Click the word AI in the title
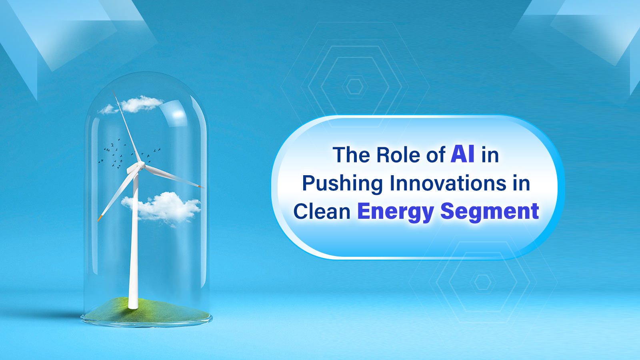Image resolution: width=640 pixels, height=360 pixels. pos(462,154)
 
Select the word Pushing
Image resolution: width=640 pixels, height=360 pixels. pos(342,184)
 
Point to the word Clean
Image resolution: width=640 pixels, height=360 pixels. pos(322,212)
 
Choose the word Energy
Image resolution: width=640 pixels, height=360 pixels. pos(396,212)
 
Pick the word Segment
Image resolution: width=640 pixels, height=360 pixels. pos(490,212)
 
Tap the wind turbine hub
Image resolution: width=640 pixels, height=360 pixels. pos(140,166)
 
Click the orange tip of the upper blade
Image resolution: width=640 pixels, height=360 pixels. pos(114,92)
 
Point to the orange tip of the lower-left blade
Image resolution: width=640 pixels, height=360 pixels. pos(100,218)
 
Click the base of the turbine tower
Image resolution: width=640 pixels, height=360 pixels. pos(133,306)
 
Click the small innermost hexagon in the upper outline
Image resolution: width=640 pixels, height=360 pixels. pos(354,86)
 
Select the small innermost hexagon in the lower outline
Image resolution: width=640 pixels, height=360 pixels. pos(482,282)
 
